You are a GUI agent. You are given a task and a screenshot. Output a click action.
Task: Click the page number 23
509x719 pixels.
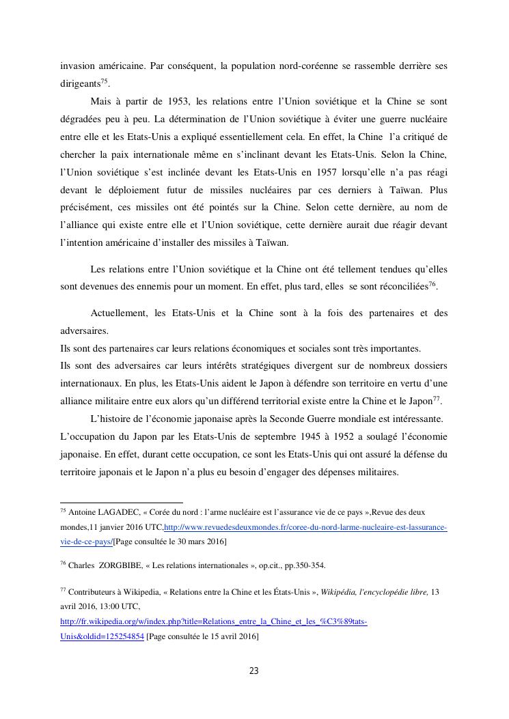253,671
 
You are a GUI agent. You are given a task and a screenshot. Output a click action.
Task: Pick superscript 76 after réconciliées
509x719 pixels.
432,283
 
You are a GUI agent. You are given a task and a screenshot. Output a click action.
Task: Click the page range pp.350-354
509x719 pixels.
302,565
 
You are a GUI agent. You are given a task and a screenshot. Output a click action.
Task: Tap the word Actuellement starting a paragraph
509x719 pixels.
120,313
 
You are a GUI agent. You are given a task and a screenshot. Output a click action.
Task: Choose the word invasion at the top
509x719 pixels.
77,66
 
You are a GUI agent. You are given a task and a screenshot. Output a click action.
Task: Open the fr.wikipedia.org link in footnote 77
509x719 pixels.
214,621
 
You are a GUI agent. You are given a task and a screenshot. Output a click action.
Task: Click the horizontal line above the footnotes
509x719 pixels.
122,502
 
